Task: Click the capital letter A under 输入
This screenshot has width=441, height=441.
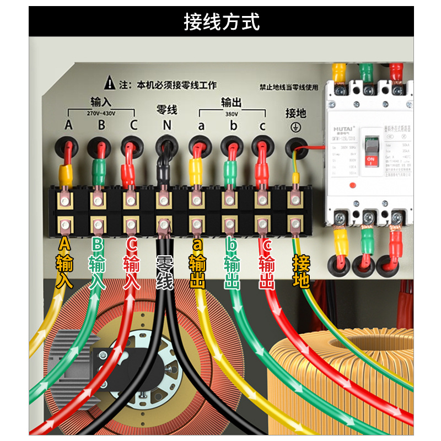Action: (68, 125)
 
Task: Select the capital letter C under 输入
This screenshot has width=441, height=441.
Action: (133, 125)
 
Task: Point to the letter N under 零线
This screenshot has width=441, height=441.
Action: (166, 125)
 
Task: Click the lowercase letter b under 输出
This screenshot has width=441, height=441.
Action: (233, 126)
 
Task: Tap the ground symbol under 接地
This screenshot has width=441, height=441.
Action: (295, 126)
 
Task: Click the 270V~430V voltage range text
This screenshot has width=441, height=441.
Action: (101, 113)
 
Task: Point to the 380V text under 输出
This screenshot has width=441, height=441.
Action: (232, 114)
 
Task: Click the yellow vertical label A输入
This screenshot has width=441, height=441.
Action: (64, 263)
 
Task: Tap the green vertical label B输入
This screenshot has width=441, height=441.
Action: (97, 263)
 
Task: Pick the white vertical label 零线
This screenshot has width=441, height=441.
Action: (165, 272)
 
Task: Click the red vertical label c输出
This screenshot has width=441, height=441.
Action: (267, 263)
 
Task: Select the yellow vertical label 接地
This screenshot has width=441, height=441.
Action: (301, 271)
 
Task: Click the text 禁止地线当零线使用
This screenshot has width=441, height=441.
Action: (289, 87)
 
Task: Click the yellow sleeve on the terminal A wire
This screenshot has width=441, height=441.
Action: (66, 173)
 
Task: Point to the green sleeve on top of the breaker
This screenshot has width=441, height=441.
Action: (365, 71)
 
